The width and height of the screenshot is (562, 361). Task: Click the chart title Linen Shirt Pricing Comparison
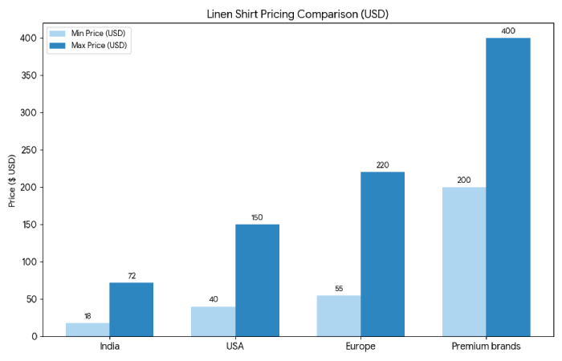298,14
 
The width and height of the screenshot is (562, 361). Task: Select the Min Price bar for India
88,329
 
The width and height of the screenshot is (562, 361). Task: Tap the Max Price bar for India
132,310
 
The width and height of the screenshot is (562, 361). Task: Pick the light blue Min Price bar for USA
213,321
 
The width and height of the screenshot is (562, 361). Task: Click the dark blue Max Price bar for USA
257,280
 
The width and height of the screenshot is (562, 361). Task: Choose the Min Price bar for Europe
339,315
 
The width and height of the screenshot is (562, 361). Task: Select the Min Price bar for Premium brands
464,262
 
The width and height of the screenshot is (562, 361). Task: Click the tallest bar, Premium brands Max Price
508,187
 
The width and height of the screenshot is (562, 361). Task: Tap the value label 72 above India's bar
132,276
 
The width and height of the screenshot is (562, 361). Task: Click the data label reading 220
383,165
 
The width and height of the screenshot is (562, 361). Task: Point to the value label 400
508,31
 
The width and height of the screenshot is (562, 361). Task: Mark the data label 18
88,316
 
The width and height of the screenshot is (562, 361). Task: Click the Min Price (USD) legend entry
88,34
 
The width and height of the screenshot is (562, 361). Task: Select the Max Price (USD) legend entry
88,46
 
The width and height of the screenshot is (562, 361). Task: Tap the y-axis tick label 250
26,150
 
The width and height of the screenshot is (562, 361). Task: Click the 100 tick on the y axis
26,262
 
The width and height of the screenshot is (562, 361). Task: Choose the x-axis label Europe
360,347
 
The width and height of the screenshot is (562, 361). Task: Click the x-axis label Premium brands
486,347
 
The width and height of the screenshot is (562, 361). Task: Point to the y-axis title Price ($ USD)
12,182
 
